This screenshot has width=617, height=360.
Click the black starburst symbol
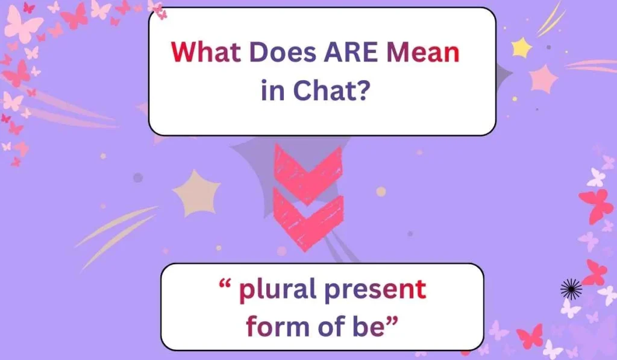click(571, 290)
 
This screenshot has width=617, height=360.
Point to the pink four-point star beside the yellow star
click(544, 78)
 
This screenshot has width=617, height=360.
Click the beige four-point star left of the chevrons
click(197, 192)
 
